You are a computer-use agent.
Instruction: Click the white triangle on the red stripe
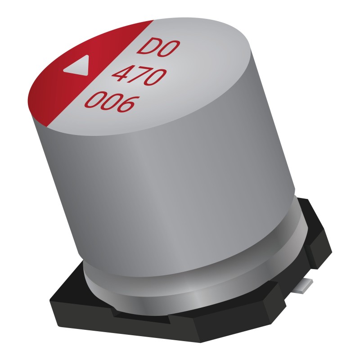[76, 68]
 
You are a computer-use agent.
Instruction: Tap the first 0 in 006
[93, 101]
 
